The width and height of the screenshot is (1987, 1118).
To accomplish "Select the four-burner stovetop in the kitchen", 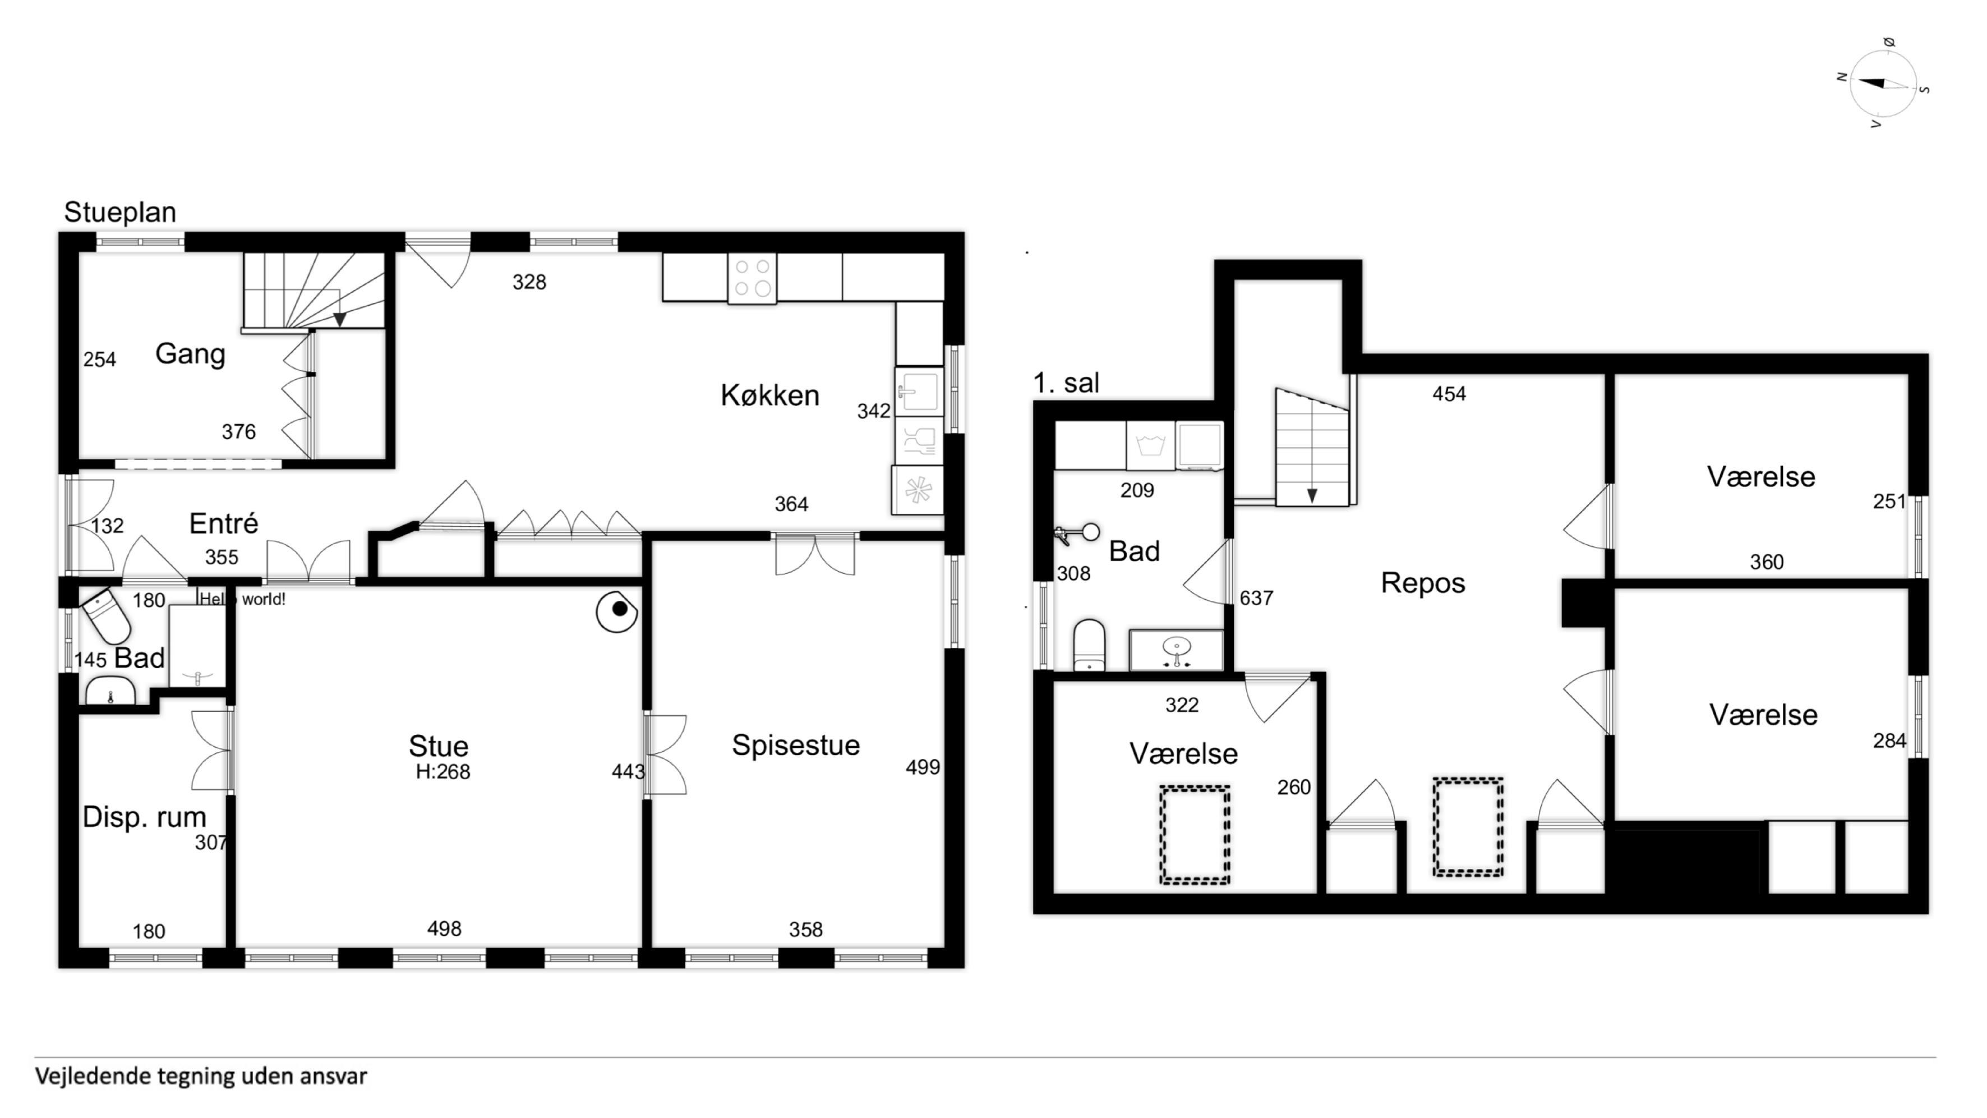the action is click(752, 279).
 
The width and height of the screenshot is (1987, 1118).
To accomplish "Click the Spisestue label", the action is click(795, 746).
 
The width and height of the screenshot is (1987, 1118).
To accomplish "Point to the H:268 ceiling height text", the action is click(442, 771).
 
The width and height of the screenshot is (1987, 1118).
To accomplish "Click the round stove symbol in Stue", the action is click(616, 611).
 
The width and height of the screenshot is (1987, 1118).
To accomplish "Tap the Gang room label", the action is click(190, 354).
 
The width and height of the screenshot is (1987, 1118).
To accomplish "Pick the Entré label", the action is click(224, 523).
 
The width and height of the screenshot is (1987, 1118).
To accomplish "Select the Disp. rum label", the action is click(144, 817).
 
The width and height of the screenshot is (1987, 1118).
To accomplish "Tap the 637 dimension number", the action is click(1256, 598).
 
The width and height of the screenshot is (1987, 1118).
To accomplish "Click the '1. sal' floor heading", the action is click(1066, 383).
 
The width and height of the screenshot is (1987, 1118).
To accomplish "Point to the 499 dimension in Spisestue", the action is click(923, 767).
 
